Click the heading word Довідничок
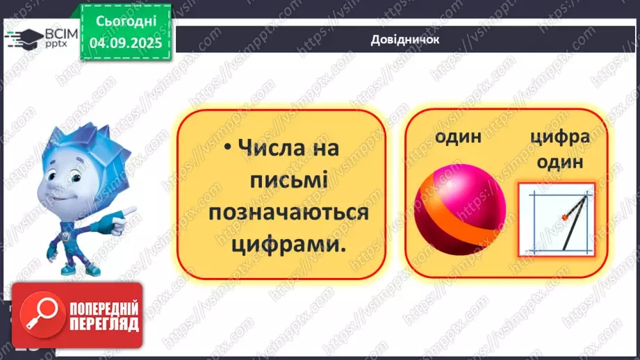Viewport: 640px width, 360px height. [405, 40]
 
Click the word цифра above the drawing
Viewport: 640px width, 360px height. [559, 136]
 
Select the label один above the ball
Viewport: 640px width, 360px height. [458, 136]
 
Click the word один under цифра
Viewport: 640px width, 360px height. [559, 162]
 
